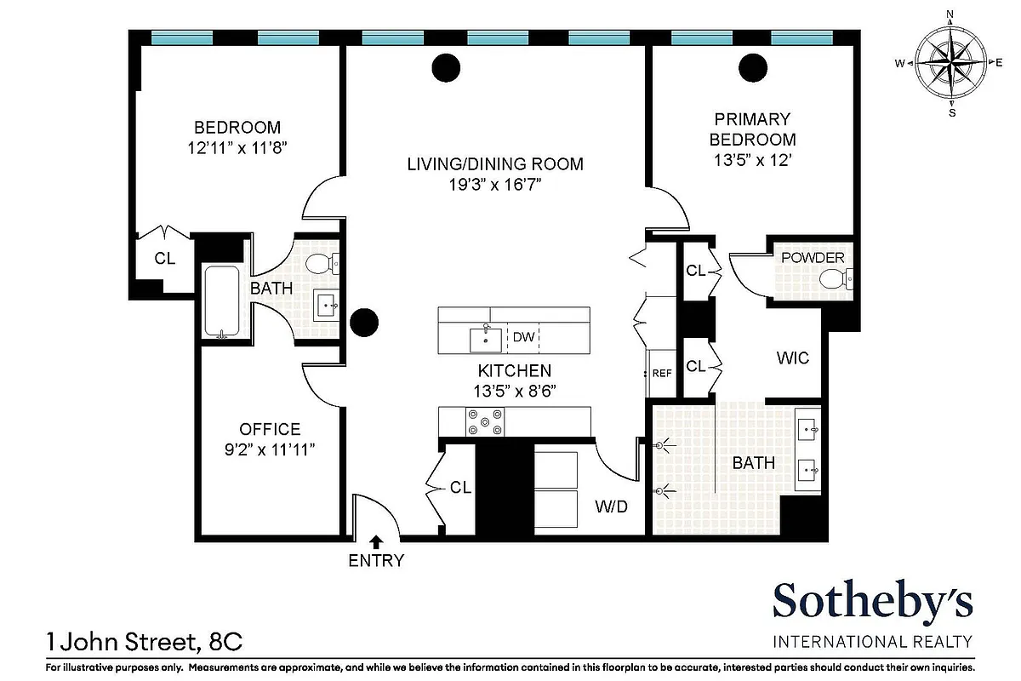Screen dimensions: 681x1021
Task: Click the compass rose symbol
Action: tap(950, 63)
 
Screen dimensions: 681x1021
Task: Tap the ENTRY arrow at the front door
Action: tap(375, 541)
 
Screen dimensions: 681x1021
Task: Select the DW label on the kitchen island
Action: tap(524, 338)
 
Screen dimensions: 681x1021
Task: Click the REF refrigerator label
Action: tap(662, 373)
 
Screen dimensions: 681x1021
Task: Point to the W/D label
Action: tap(611, 507)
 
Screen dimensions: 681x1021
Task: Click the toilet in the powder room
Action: tap(835, 278)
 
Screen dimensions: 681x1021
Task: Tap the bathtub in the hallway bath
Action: tap(222, 302)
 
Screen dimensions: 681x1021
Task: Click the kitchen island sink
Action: tap(485, 338)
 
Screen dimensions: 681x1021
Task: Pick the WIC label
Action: tap(792, 358)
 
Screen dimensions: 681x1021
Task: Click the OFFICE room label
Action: tap(270, 429)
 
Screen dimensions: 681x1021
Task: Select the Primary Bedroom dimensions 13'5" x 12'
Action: tap(753, 159)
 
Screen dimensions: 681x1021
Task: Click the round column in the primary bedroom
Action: tap(752, 67)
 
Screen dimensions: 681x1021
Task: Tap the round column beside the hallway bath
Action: tap(364, 321)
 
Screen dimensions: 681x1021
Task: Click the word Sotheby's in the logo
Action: tap(872, 603)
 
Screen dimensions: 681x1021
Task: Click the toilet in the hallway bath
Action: tap(320, 263)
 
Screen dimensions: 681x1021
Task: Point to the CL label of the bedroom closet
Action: tap(165, 258)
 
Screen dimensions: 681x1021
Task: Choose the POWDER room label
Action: tap(813, 258)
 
